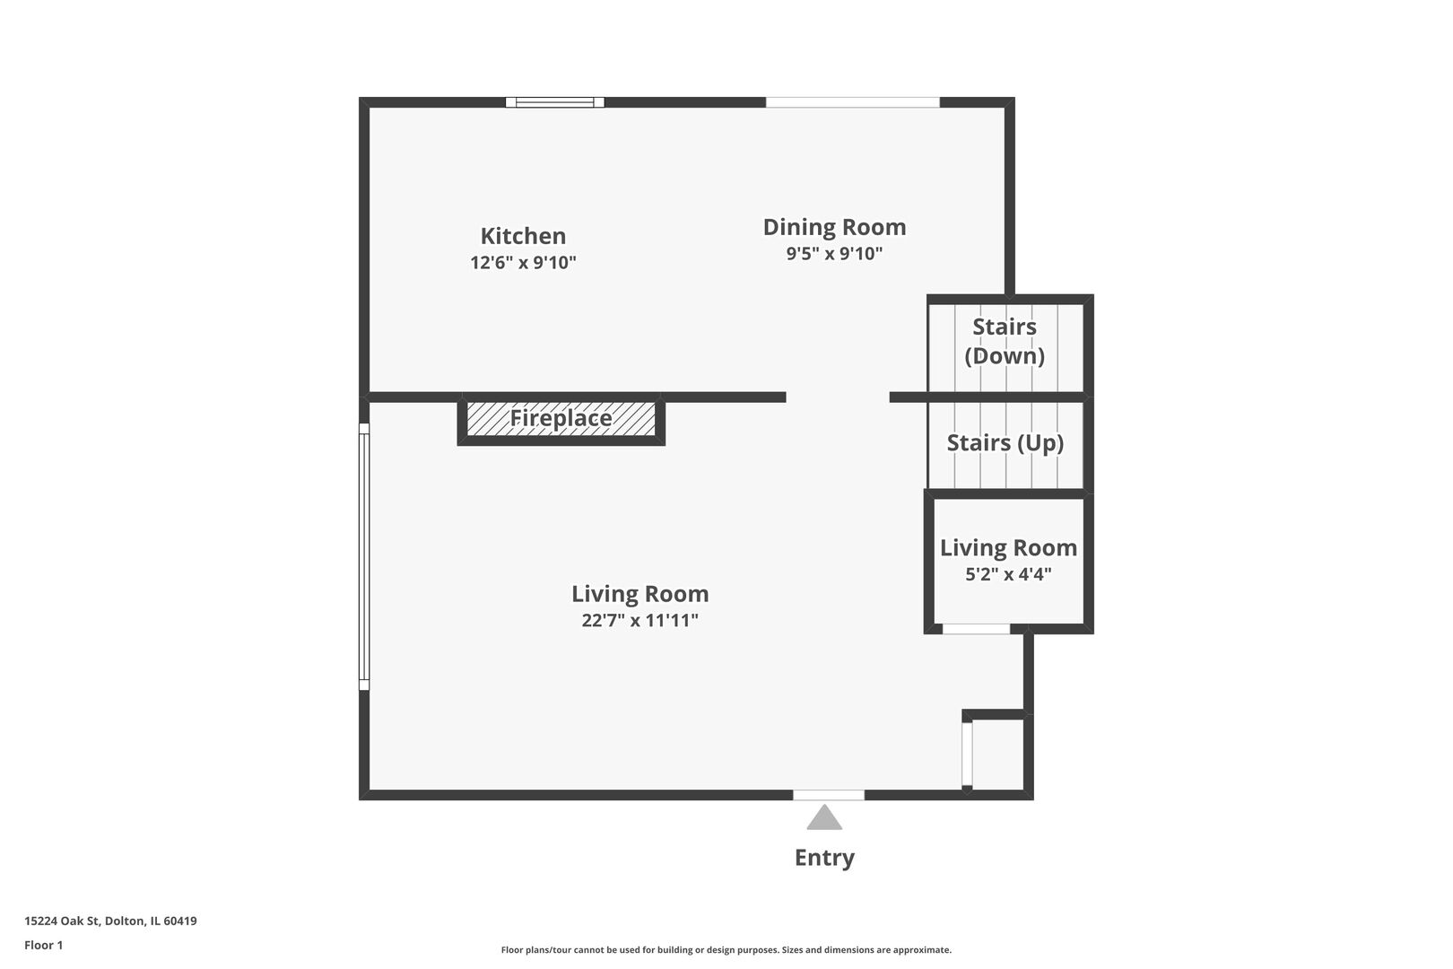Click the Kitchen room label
pyautogui.click(x=523, y=236)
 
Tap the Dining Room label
pyautogui.click(x=834, y=227)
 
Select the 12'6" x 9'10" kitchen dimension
pyautogui.click(x=523, y=262)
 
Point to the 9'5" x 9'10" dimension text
pyautogui.click(x=834, y=253)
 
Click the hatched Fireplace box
pyautogui.click(x=561, y=419)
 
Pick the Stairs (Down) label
pyautogui.click(x=1005, y=341)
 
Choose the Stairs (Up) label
pyautogui.click(x=1005, y=442)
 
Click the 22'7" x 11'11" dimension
pyautogui.click(x=639, y=621)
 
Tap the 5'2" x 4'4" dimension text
pyautogui.click(x=1008, y=574)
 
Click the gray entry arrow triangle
pyautogui.click(x=824, y=817)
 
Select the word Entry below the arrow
pyautogui.click(x=824, y=858)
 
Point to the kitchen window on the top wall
pyautogui.click(x=554, y=102)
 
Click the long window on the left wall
pyautogui.click(x=364, y=556)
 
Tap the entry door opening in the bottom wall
pyautogui.click(x=829, y=795)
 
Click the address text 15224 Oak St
pyautogui.click(x=62, y=921)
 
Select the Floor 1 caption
pyautogui.click(x=43, y=945)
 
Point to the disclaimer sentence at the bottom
pyautogui.click(x=726, y=949)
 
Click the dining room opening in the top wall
pyautogui.click(x=852, y=102)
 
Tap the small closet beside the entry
pyautogui.click(x=997, y=755)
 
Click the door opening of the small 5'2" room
pyautogui.click(x=976, y=629)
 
